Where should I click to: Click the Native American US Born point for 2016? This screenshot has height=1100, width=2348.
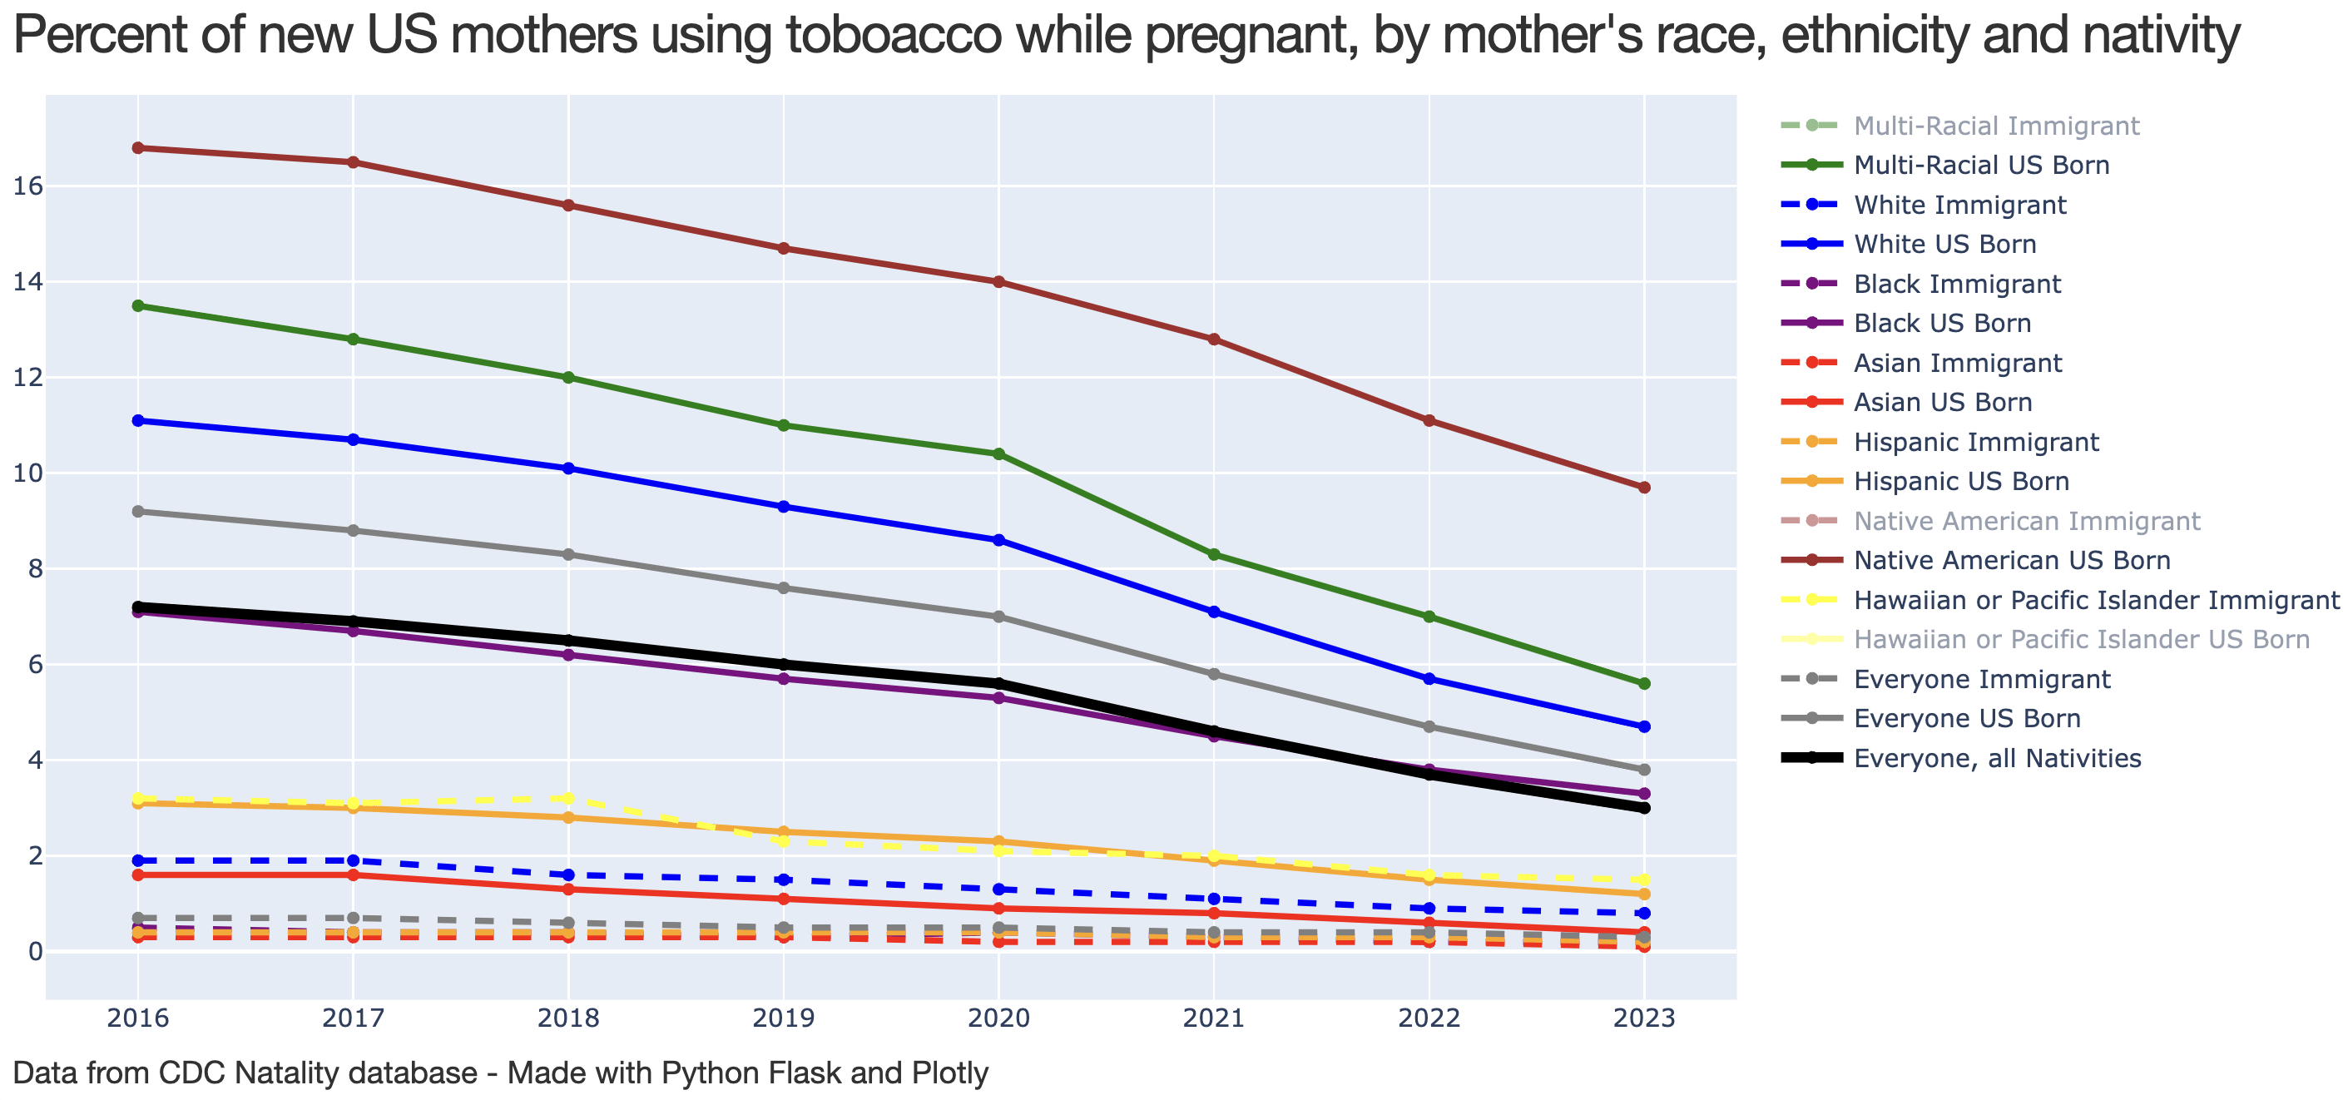coord(137,147)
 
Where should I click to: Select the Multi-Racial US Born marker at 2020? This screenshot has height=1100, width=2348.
coord(998,453)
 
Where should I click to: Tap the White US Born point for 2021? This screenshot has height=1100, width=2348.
coord(1213,612)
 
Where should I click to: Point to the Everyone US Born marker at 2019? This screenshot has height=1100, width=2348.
coord(783,587)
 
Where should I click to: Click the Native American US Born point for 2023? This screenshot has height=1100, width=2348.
coord(1643,488)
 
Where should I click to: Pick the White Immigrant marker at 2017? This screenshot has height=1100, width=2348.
coord(353,860)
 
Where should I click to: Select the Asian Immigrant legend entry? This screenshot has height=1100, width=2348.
coord(1957,363)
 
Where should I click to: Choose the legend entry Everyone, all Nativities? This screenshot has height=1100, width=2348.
coord(1996,758)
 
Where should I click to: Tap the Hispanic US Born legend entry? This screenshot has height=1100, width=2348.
coord(1960,481)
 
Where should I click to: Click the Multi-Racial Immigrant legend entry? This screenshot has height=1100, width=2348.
coord(1995,126)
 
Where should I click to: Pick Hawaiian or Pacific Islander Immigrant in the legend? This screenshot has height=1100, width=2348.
coord(2096,600)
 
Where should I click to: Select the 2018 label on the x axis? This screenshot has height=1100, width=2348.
coord(567,1018)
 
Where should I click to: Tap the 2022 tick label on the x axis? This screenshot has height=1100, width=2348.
coord(1429,1018)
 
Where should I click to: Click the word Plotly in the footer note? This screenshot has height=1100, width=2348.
coord(951,1073)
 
